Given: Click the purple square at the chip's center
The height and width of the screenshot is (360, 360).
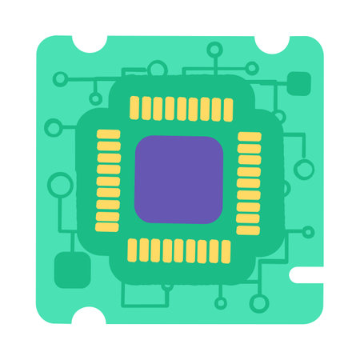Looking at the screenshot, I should [178, 179].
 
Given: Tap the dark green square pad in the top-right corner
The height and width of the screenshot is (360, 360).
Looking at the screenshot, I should [298, 82].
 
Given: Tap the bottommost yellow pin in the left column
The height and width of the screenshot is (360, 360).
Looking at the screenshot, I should [107, 227].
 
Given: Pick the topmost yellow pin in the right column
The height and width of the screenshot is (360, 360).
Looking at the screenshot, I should [250, 136].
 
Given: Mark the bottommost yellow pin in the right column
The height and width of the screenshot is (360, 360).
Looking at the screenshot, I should [249, 229].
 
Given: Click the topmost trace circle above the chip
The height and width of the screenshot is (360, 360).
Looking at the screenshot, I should [214, 50].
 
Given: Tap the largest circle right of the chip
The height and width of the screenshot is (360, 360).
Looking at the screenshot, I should [304, 169].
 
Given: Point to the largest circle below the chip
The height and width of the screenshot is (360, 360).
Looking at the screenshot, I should [258, 303].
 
